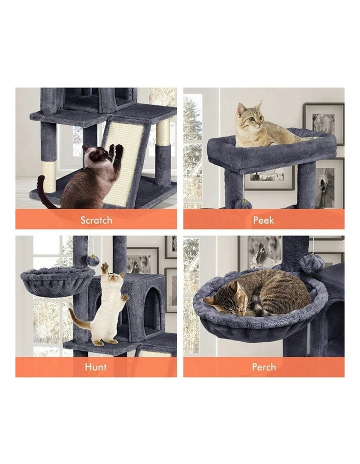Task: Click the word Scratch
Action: coord(96,220)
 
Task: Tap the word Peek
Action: coord(263,220)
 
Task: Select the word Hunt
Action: coord(96,367)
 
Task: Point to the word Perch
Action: coord(263,367)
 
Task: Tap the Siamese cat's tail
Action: coord(44,192)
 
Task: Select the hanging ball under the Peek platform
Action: coord(243,203)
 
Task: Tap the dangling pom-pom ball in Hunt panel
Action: coord(93,260)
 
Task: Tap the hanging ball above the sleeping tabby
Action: coord(312,263)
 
